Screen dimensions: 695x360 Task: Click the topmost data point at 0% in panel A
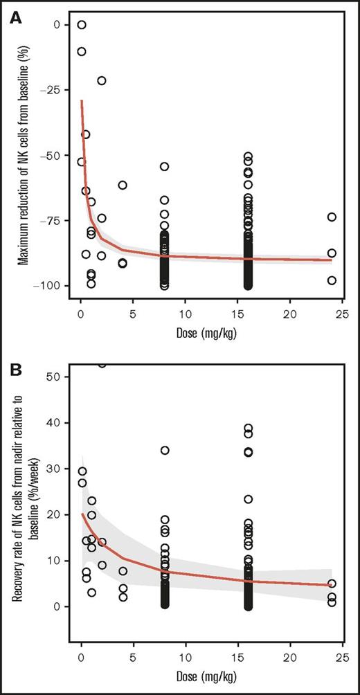pyautogui.click(x=82, y=25)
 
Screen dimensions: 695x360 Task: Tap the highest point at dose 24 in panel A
pyautogui.click(x=332, y=217)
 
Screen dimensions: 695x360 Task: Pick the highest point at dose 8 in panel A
pyautogui.click(x=165, y=166)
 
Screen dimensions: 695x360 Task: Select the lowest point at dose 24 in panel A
pyautogui.click(x=332, y=280)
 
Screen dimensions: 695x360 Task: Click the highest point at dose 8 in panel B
pyautogui.click(x=165, y=450)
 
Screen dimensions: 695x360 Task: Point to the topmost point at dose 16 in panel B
pyautogui.click(x=248, y=428)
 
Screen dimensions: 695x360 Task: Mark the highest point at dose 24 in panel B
pyautogui.click(x=332, y=584)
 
